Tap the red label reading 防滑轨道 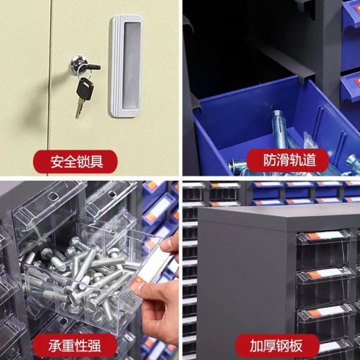(x=289, y=160)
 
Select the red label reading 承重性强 (x=75, y=346)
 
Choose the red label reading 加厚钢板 (x=277, y=346)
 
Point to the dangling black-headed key (x=83, y=97)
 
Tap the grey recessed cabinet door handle (x=126, y=66)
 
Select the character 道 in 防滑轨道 (x=309, y=160)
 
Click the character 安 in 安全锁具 (x=57, y=162)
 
